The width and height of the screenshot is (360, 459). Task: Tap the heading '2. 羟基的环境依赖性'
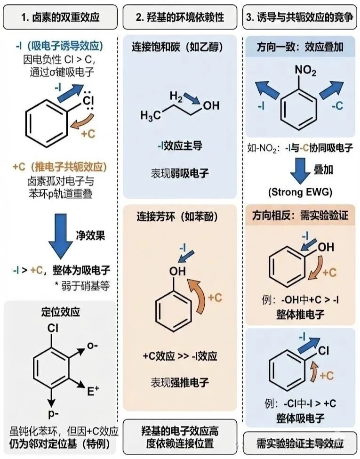tap(179, 17)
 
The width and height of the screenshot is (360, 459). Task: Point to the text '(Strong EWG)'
tap(300, 192)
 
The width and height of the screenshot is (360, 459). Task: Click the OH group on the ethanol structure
tap(210, 105)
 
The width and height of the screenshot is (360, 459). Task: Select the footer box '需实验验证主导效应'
tap(300, 443)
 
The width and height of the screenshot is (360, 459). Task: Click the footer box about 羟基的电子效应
tap(179, 437)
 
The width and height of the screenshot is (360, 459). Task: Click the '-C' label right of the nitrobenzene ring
tap(337, 107)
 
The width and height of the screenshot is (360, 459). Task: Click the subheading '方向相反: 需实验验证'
tap(300, 216)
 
